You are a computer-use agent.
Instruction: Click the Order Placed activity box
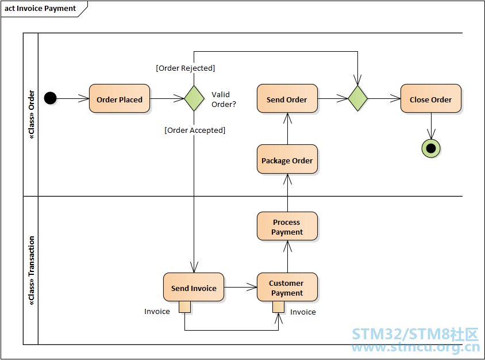coord(120,98)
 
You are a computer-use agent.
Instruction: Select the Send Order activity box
coord(287,98)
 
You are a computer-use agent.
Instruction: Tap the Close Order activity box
coord(431,98)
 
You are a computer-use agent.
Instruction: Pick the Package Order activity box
coord(287,159)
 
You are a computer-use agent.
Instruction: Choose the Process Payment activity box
coord(287,226)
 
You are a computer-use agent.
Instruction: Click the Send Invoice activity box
coord(194,287)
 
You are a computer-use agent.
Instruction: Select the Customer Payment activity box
coord(287,287)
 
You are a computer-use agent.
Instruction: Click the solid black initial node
coord(51,98)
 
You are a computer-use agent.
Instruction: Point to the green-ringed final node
coord(431,148)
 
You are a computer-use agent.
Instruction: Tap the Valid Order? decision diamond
coord(194,98)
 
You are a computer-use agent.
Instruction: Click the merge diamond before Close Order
coord(357,98)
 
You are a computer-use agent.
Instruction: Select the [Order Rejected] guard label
coord(185,68)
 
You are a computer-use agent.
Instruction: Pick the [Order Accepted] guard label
coord(195,131)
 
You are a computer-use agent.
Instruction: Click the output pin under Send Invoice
coord(184,307)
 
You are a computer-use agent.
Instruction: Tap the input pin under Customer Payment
coord(278,307)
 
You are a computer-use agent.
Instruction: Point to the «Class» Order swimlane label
coord(31,114)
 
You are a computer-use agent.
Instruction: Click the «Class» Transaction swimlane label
coord(31,271)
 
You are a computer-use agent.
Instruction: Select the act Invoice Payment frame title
coord(40,9)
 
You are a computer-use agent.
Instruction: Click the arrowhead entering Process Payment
coord(288,246)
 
